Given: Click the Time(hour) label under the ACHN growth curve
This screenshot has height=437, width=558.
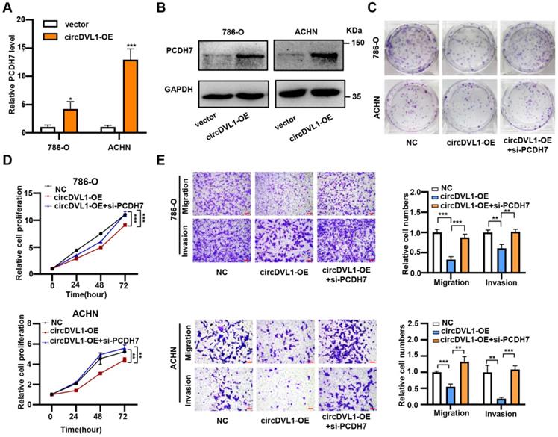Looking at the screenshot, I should tap(88, 431).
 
